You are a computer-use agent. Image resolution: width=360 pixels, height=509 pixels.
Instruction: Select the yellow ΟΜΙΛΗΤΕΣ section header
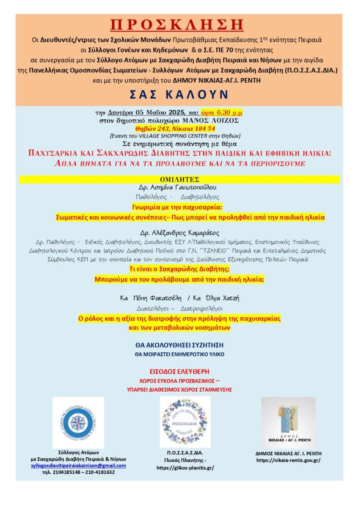(x=179, y=179)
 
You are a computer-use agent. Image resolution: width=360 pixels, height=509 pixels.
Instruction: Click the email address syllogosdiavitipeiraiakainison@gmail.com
(x=78, y=465)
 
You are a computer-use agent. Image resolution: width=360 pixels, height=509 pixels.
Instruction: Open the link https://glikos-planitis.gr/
(x=185, y=468)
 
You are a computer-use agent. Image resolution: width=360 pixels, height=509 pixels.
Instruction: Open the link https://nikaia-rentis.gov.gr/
(x=288, y=460)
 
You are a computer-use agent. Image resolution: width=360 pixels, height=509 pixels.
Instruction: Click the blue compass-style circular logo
(x=78, y=422)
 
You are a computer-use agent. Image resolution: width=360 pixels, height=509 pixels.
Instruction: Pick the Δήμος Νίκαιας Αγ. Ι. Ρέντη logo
(x=288, y=422)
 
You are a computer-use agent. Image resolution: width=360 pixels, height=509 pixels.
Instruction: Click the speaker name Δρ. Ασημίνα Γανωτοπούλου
(x=179, y=187)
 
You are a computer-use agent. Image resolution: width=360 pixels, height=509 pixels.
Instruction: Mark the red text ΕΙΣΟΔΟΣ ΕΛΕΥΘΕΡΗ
(x=179, y=371)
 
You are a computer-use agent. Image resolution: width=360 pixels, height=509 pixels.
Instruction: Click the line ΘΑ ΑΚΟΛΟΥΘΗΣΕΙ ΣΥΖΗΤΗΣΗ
(x=179, y=345)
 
